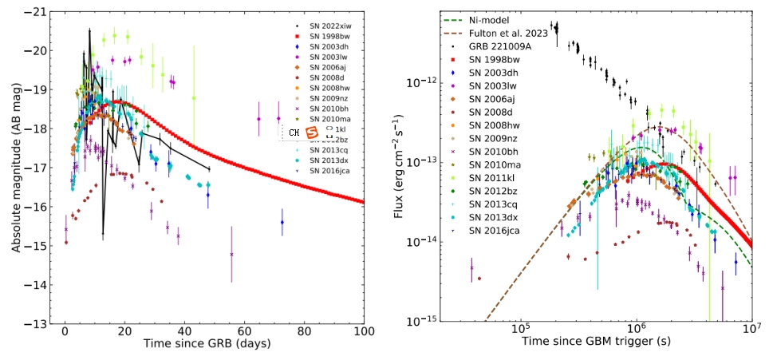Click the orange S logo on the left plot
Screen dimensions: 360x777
coord(313,131)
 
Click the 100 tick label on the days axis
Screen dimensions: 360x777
coord(363,332)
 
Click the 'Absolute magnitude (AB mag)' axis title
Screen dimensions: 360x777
coord(16,168)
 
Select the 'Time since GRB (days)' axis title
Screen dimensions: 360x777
coord(207,346)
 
